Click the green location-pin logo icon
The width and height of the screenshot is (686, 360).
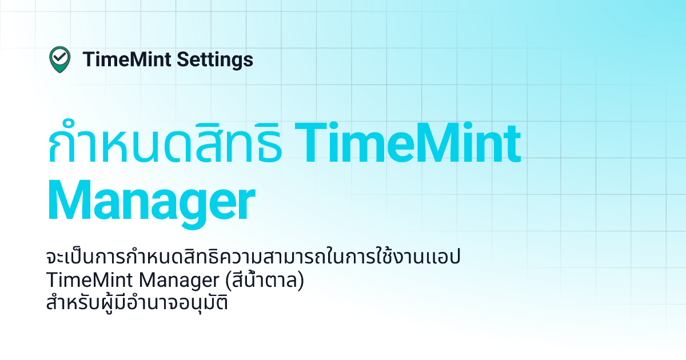tap(59, 59)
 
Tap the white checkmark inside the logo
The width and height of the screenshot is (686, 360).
tap(59, 57)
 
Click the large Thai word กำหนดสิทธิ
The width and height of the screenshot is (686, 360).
tap(165, 145)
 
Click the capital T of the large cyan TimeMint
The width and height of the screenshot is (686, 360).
tap(313, 143)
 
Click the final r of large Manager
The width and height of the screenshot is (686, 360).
tap(245, 203)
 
